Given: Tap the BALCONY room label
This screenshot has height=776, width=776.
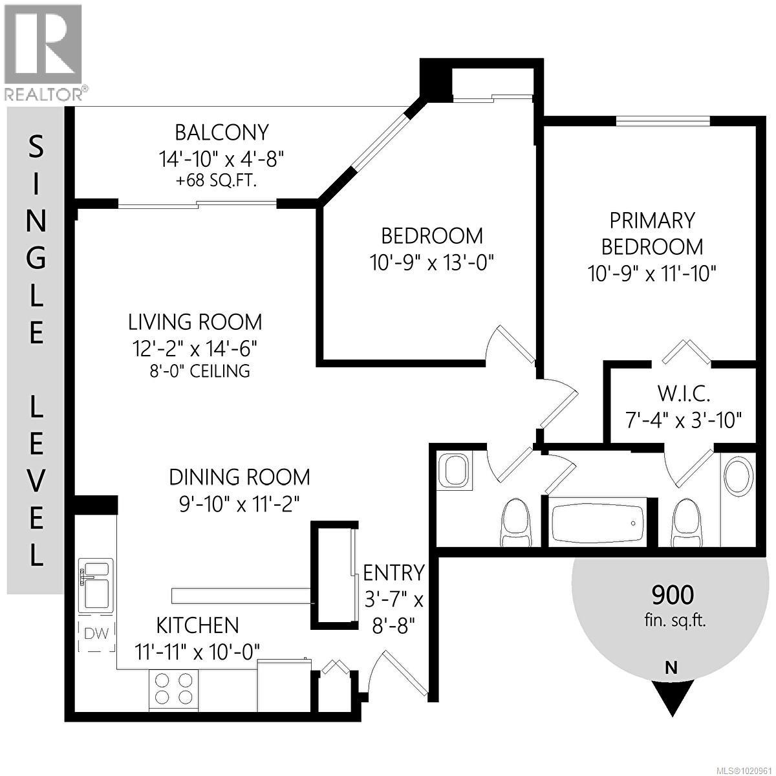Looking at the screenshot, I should tap(221, 132).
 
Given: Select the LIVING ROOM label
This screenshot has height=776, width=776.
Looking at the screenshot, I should tap(195, 321).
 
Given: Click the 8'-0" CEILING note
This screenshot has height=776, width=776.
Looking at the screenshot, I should tap(199, 371).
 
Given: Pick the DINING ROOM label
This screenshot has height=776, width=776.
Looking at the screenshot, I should tap(239, 477).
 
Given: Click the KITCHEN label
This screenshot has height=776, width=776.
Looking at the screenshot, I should tap(197, 625).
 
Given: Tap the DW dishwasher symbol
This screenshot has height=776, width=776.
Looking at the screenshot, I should tap(96, 634).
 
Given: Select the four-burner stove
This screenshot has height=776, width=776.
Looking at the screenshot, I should tap(173, 688).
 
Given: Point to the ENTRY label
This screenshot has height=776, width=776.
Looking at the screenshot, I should tap(393, 572).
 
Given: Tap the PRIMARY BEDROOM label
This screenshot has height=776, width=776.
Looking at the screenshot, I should tap(652, 233).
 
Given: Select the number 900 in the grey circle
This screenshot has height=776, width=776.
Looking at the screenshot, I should tap(673, 594).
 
